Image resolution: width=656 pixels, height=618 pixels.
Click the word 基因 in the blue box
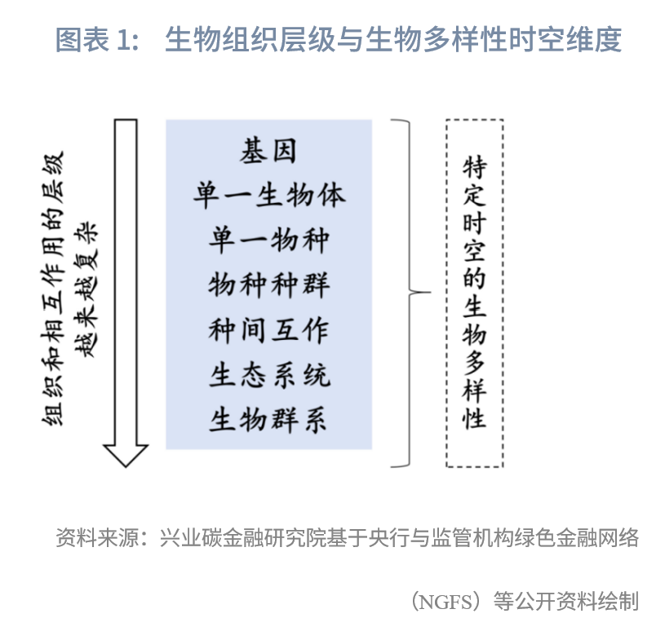coord(268,151)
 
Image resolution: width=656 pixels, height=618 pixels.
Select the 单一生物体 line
coord(269,196)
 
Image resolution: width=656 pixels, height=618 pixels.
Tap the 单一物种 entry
coord(269,240)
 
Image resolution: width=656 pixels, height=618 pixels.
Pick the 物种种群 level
coord(269,285)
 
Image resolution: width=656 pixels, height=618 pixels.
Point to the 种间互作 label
coord(269,330)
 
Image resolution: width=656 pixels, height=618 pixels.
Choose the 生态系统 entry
coord(270,375)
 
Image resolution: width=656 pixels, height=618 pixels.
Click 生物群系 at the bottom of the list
coord(268,419)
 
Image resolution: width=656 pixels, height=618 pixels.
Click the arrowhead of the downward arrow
coord(126,456)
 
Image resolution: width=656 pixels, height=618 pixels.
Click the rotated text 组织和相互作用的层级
coord(53,289)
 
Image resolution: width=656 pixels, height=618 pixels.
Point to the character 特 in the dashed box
coord(474,167)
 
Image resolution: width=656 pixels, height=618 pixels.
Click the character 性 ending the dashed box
coord(474,417)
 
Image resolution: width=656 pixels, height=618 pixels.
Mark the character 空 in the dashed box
coord(474,251)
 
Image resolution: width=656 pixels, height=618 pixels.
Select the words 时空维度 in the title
coord(566,40)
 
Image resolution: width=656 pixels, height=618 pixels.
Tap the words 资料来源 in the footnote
coord(97,537)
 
